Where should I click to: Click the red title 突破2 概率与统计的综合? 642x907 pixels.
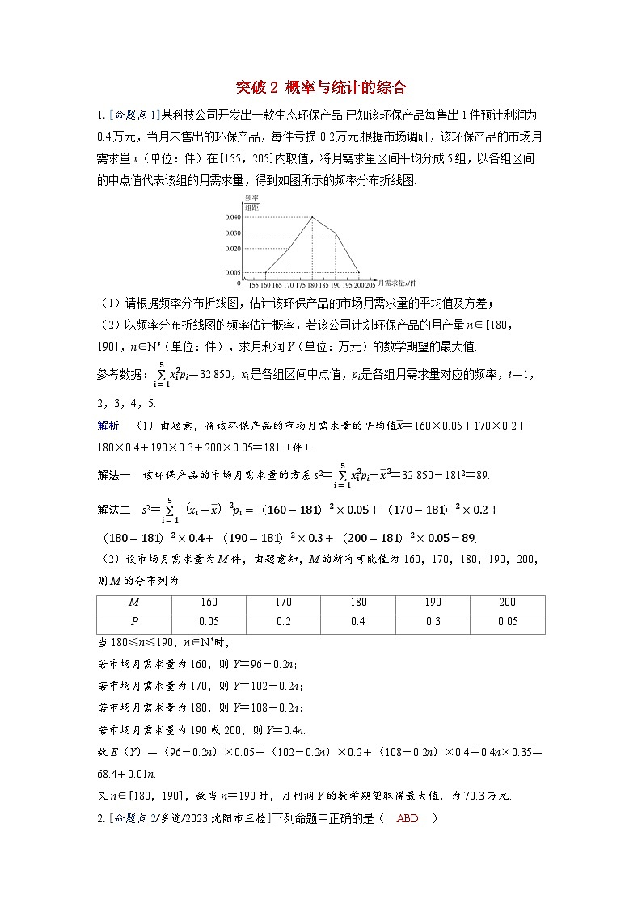320,86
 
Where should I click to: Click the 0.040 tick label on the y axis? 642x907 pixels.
233,217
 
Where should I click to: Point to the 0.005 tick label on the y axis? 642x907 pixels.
233,272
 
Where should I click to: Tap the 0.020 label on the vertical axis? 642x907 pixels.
233,248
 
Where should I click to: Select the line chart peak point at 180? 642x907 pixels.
312,217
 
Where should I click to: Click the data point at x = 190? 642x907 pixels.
336,233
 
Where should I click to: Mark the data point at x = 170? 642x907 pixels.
289,249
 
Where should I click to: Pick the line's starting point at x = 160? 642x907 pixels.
266,272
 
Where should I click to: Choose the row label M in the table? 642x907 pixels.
133,603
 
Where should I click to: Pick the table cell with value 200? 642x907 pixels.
507,603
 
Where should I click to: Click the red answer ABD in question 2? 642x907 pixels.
408,817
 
